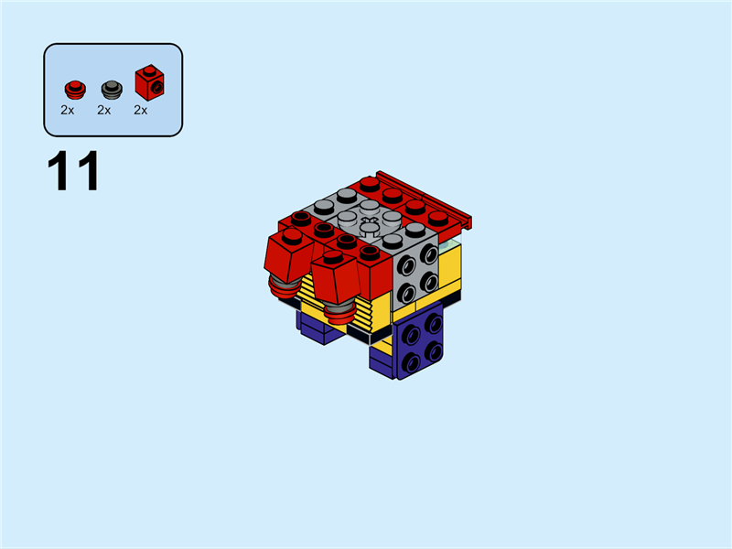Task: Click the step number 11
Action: click(72, 172)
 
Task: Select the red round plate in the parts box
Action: click(74, 89)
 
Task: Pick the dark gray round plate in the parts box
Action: click(111, 89)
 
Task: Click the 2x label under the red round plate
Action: click(68, 111)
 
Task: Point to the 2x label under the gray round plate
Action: click(104, 111)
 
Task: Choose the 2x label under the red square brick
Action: click(141, 111)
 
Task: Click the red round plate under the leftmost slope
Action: click(285, 290)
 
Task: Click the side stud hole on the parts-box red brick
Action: click(157, 87)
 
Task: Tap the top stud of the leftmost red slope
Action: click(292, 235)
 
